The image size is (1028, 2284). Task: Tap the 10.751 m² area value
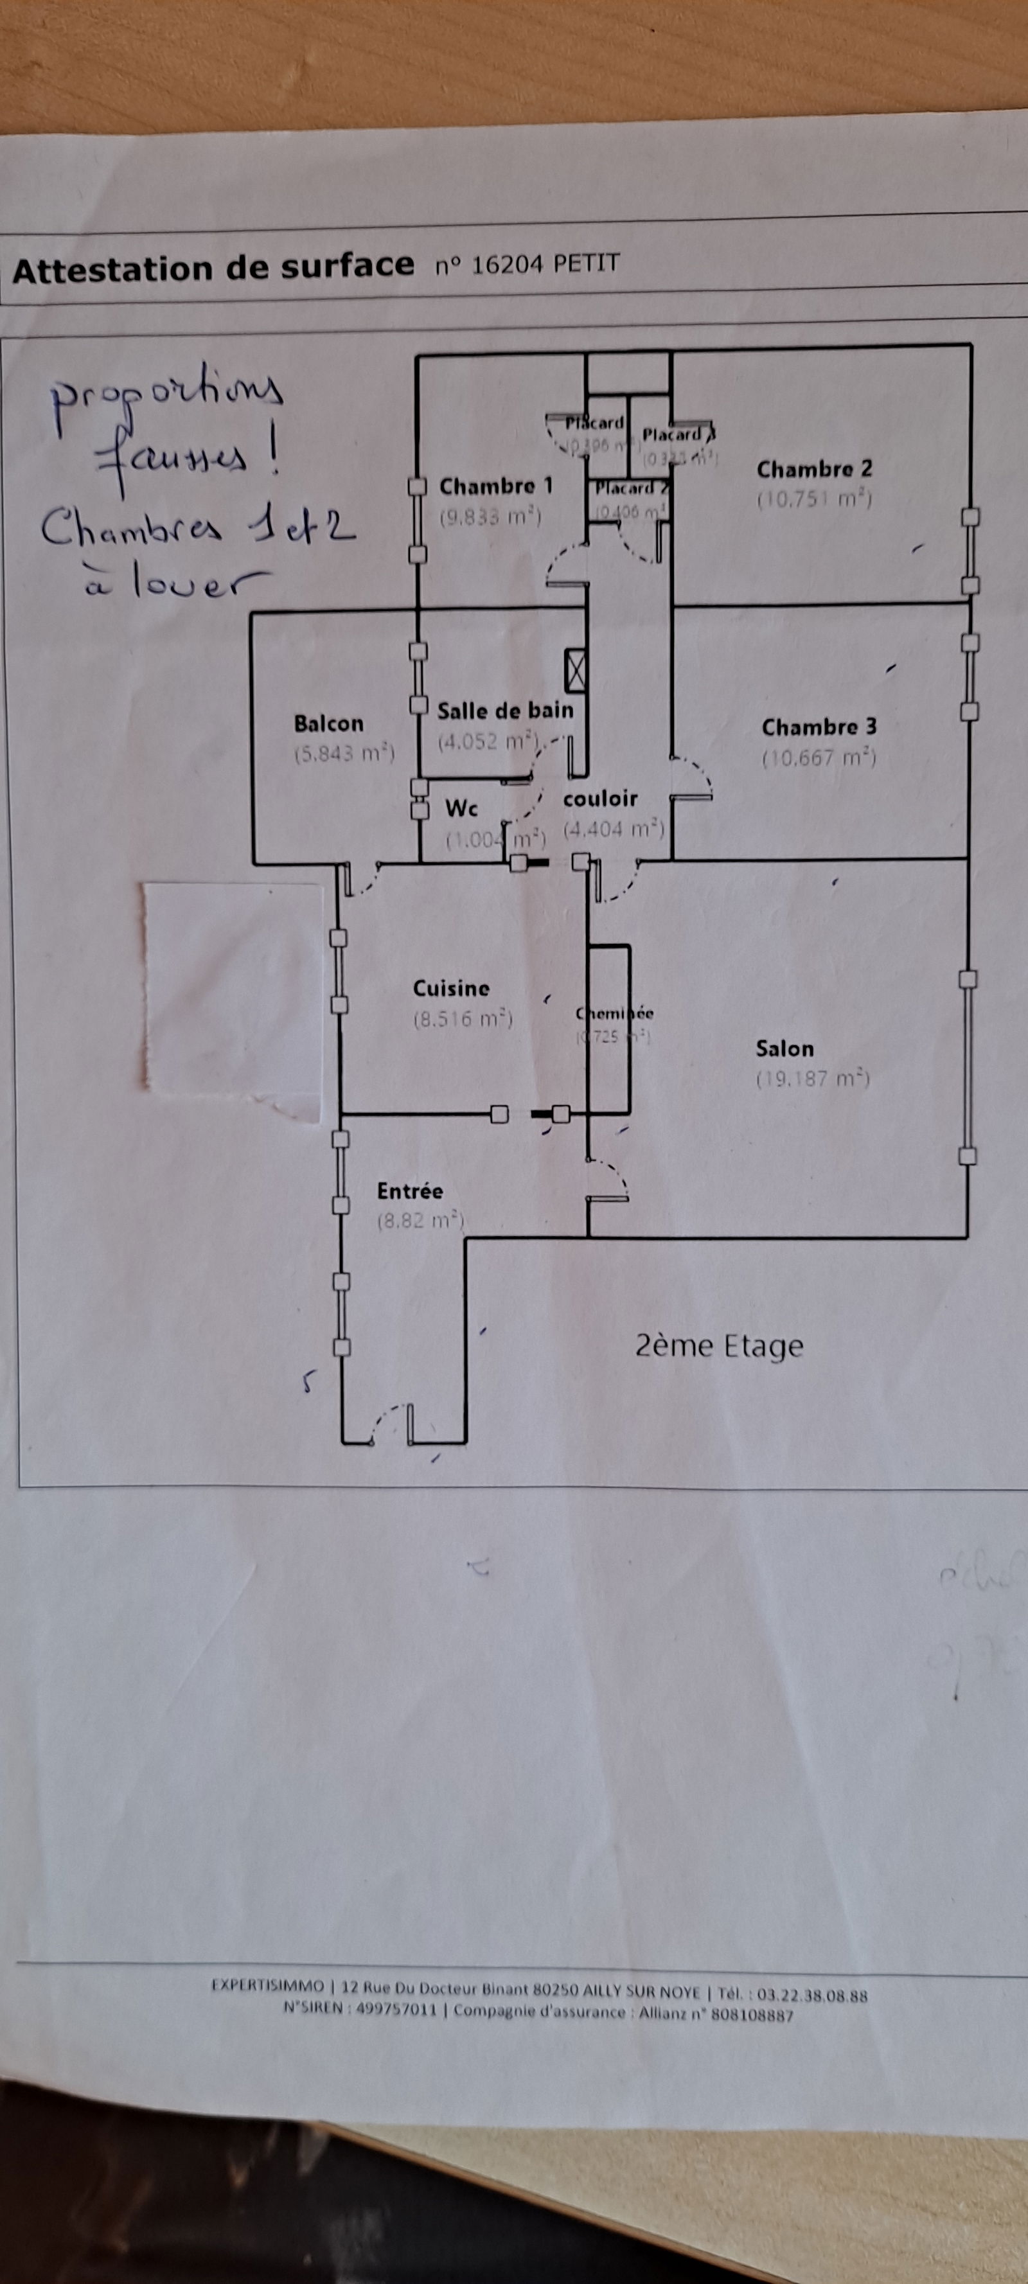click(814, 499)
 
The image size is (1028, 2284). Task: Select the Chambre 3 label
click(819, 727)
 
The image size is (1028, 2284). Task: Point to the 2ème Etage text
click(718, 1346)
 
